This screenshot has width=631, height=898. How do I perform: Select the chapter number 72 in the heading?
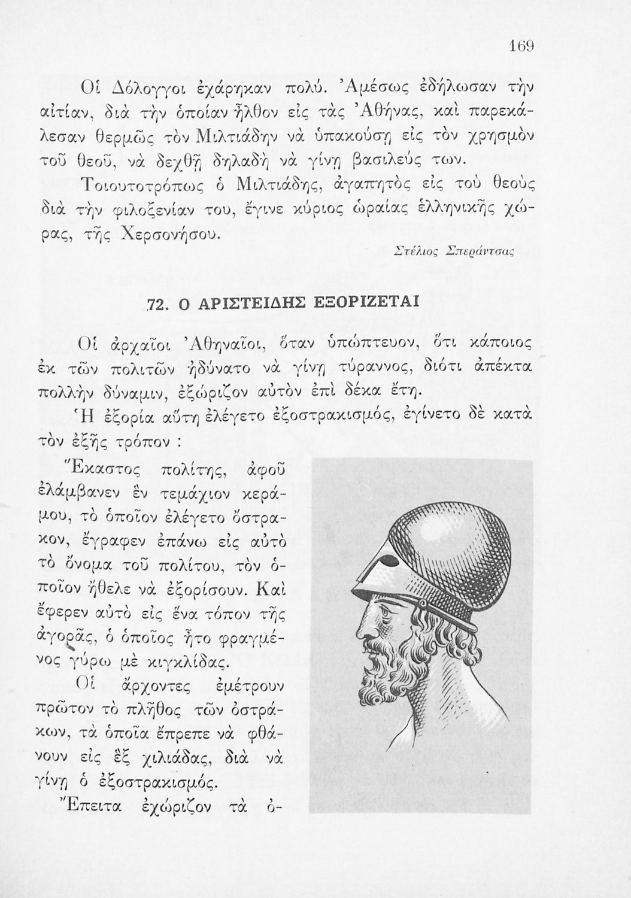tap(155, 304)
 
